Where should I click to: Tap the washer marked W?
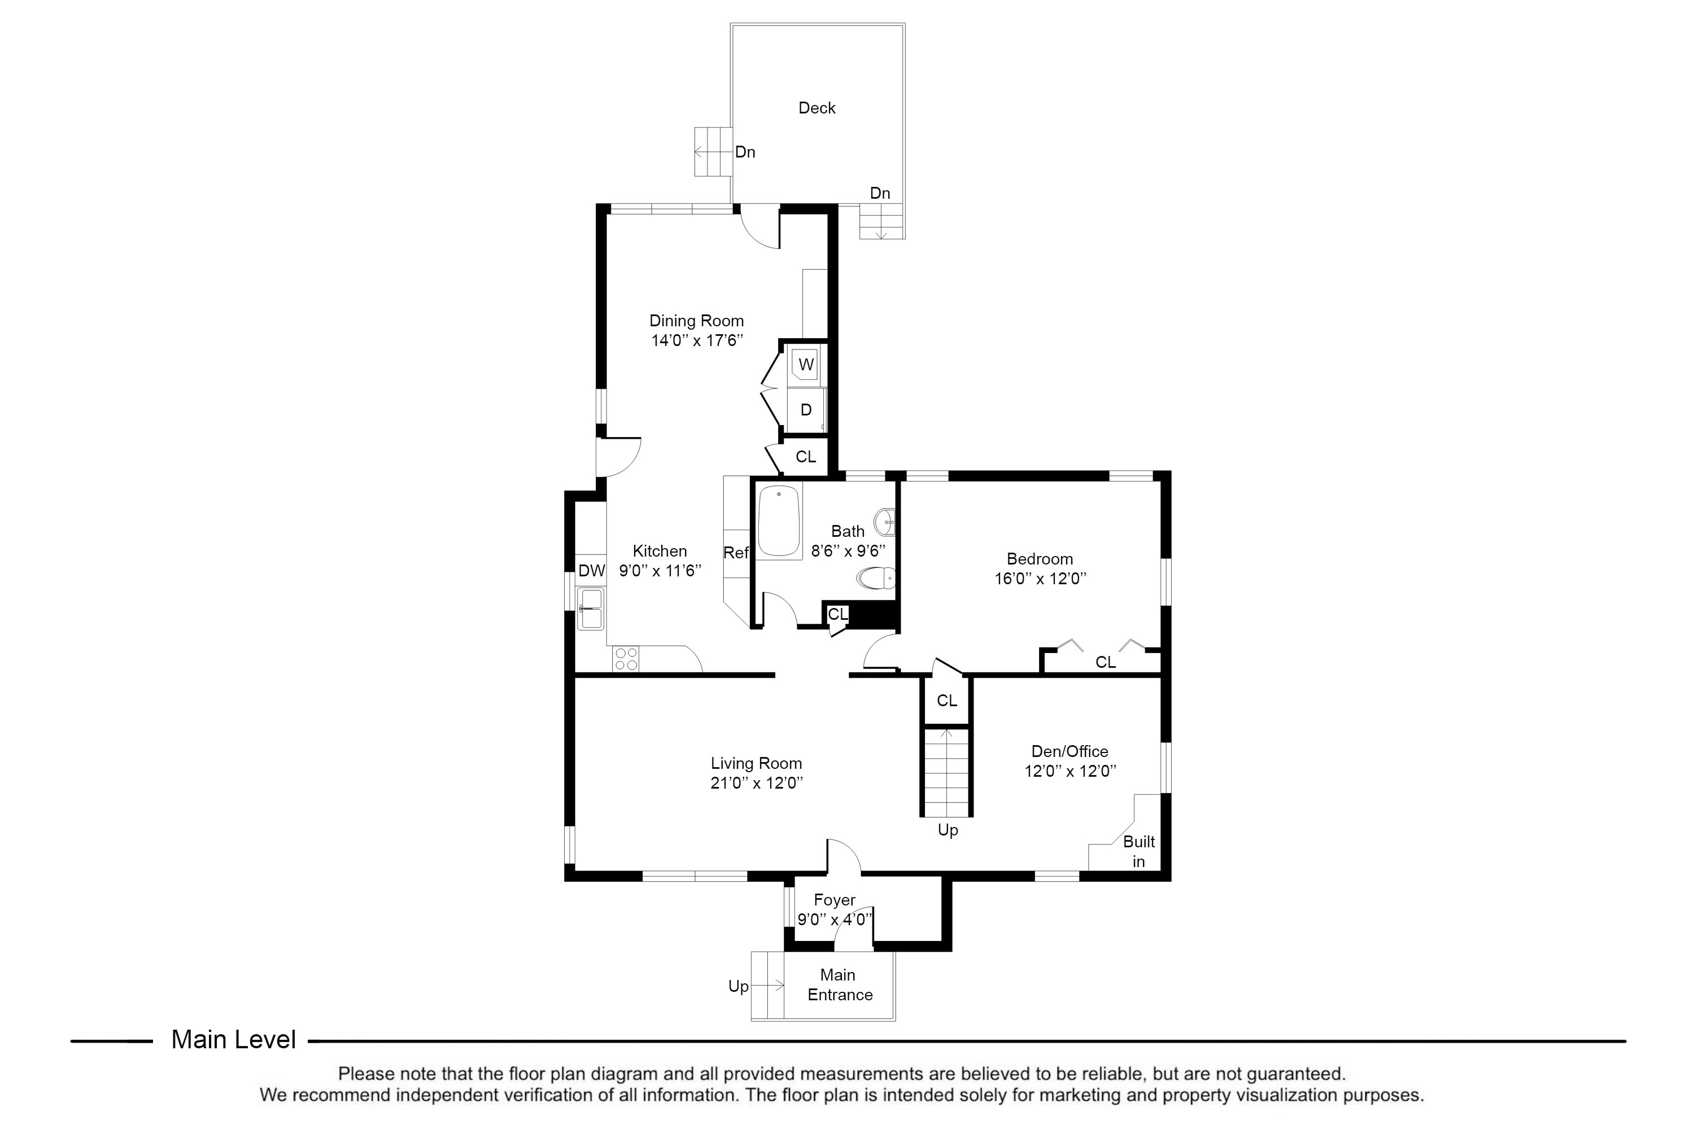(x=806, y=364)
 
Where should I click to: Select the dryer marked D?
(x=806, y=410)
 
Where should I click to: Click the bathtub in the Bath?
(x=779, y=520)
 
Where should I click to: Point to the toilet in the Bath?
(x=876, y=577)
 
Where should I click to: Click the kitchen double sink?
(x=591, y=609)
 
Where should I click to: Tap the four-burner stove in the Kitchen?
(x=625, y=659)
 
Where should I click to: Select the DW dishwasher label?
(x=591, y=571)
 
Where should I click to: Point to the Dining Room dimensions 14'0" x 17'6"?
(x=696, y=340)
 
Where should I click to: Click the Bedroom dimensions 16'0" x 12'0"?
(x=1040, y=578)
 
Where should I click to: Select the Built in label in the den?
(x=1139, y=851)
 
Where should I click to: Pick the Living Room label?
(x=756, y=763)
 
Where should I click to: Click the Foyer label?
(x=834, y=900)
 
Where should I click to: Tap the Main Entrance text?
(x=839, y=985)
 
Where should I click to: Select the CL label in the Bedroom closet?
(x=1106, y=662)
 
